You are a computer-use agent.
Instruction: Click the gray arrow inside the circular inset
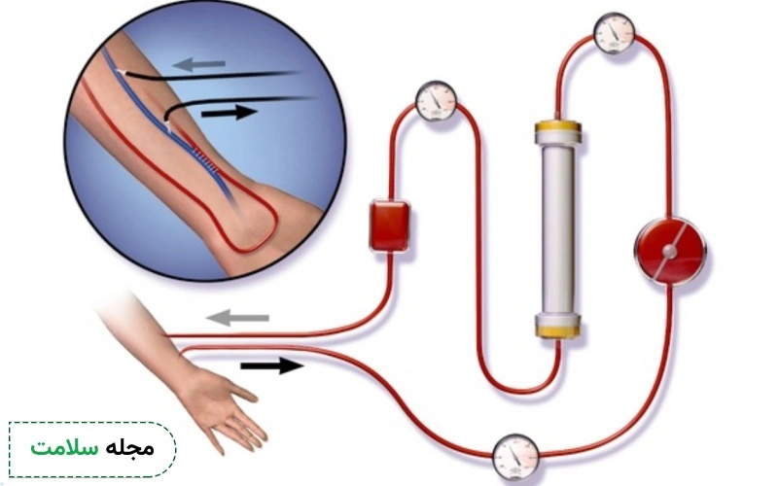(199, 64)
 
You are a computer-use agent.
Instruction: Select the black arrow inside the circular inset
(230, 113)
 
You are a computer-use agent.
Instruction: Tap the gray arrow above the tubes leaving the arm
(237, 318)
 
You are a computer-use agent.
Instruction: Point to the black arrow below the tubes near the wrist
(272, 366)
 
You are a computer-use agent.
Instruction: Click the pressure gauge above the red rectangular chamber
(436, 101)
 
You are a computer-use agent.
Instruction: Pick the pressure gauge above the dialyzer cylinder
(615, 33)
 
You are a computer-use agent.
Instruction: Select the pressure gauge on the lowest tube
(515, 457)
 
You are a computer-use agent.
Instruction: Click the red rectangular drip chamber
(390, 226)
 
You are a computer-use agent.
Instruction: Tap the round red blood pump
(670, 251)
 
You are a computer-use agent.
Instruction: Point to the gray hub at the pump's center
(669, 252)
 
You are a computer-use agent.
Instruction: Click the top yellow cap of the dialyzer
(558, 131)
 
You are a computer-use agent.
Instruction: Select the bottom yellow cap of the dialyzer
(558, 326)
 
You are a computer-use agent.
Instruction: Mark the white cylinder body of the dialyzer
(558, 228)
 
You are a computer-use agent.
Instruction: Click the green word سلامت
(64, 448)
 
